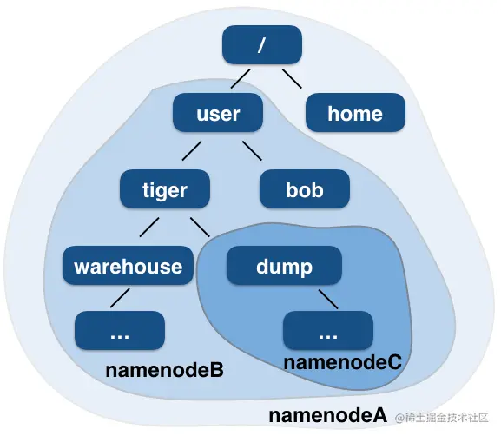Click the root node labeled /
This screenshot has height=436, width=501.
pyautogui.click(x=261, y=45)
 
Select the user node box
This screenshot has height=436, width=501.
pyautogui.click(x=217, y=114)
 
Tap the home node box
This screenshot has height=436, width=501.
pyautogui.click(x=354, y=114)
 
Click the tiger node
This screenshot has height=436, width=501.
pyautogui.click(x=164, y=189)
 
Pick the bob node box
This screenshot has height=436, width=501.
pyautogui.click(x=304, y=189)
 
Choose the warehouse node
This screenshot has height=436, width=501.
pyautogui.click(x=128, y=266)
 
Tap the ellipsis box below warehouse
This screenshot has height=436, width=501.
pyautogui.click(x=120, y=331)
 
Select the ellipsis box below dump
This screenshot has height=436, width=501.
pyautogui.click(x=327, y=331)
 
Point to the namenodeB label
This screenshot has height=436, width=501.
pyautogui.click(x=164, y=371)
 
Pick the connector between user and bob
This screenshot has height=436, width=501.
pyautogui.click(x=252, y=151)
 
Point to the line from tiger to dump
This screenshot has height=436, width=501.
pyautogui.click(x=201, y=227)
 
